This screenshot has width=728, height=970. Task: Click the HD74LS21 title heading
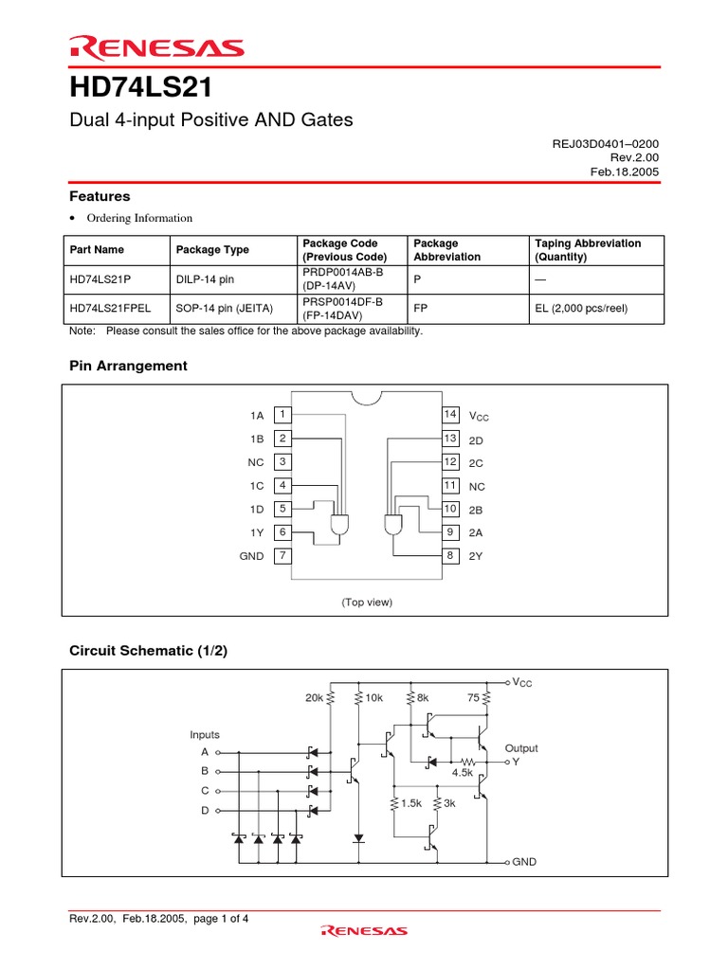click(x=140, y=88)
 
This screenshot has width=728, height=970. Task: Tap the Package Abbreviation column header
click(x=447, y=250)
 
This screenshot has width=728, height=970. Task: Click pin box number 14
click(x=450, y=415)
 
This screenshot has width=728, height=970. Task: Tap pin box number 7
click(x=282, y=556)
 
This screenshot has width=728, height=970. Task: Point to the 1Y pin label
click(x=257, y=533)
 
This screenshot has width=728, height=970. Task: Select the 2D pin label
click(x=476, y=440)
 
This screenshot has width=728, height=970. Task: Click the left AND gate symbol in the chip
click(x=338, y=525)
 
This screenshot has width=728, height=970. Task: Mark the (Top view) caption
click(x=367, y=602)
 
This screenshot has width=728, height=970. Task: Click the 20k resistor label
click(x=314, y=698)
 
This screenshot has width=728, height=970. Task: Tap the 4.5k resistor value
click(x=462, y=773)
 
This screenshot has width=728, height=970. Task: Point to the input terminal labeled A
click(x=204, y=752)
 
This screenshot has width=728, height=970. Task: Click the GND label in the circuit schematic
click(x=524, y=863)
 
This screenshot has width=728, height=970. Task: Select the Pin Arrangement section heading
click(x=128, y=366)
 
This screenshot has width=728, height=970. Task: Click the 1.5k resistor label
click(x=409, y=803)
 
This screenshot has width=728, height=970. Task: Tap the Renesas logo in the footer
click(x=364, y=931)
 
